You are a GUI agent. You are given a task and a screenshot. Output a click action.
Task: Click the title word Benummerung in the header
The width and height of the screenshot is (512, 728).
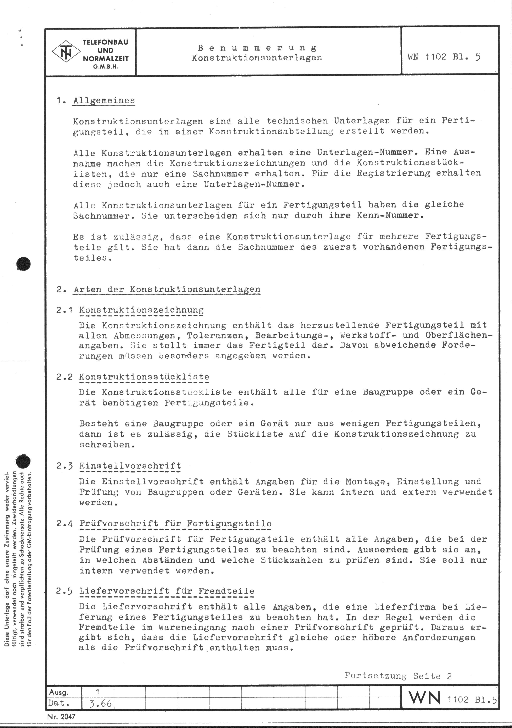[257, 48]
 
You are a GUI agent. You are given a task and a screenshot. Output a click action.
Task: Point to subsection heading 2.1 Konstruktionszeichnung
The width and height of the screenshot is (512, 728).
[141, 310]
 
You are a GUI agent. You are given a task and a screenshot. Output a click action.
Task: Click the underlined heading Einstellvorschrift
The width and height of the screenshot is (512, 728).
[130, 466]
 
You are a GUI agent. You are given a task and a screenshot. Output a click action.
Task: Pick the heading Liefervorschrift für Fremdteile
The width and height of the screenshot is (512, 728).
[167, 591]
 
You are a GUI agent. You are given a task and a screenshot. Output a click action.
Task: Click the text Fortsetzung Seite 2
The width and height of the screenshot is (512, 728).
[398, 676]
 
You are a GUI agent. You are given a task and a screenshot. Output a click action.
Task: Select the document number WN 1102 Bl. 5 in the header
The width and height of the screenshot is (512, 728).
[444, 57]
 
